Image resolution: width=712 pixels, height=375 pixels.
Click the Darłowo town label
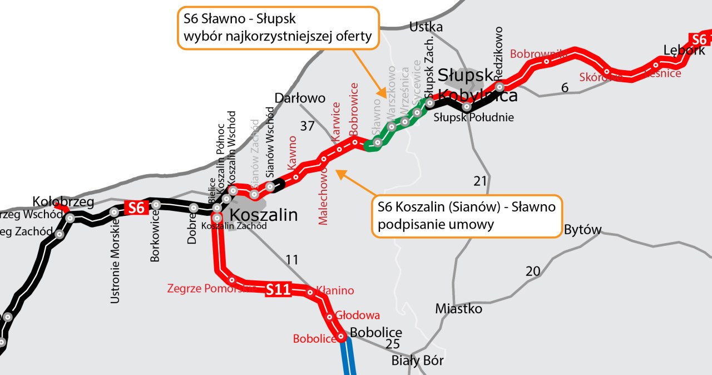pos(300,98)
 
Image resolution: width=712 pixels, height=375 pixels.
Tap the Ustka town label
pos(426,27)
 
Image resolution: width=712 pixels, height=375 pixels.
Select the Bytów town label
pos(583,230)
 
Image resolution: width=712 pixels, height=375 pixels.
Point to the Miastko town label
pos(459,308)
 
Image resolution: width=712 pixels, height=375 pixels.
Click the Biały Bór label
pos(418,361)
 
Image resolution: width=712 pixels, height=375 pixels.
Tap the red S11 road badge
pos(278,289)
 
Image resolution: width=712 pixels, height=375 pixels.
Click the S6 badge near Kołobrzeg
pos(136,208)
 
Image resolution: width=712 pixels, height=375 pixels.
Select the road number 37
pos(307,126)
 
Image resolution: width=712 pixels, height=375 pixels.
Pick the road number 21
pos(480,181)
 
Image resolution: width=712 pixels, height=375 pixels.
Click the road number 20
pos(533,272)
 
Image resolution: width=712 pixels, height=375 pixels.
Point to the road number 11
pos(291,259)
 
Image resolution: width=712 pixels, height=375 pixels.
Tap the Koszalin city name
pos(264,215)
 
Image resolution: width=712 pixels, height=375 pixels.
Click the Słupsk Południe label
pos(474,118)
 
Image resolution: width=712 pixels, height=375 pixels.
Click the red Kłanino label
pos(335,290)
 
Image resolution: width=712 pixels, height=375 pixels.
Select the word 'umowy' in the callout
pos(471,225)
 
